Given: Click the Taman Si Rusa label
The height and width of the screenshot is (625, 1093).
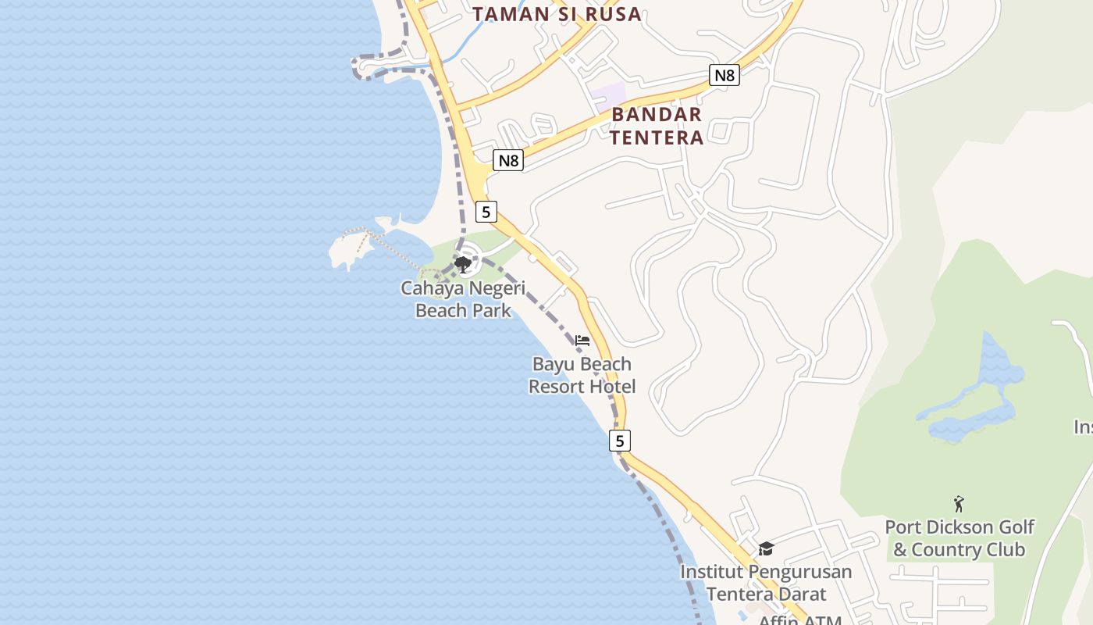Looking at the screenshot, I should point(557,14).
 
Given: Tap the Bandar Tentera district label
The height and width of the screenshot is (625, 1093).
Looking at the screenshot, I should point(657,126).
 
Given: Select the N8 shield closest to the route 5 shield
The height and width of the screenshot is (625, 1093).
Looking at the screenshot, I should point(508,161).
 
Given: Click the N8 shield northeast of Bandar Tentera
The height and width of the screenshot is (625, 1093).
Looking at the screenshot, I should point(725,75).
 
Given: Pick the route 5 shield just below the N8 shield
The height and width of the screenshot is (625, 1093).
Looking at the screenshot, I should point(486,212).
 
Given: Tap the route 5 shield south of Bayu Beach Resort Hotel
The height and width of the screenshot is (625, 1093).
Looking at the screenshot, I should point(620,441).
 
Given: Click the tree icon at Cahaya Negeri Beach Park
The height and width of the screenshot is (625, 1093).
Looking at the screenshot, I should point(463,264).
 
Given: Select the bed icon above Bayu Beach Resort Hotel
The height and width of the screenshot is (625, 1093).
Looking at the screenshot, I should point(582,341).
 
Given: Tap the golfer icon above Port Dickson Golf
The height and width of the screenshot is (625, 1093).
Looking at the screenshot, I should point(959,504).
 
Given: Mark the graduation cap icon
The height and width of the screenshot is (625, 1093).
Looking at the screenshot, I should point(766,549).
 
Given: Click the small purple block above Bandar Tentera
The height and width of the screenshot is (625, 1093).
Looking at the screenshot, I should point(608,94).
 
